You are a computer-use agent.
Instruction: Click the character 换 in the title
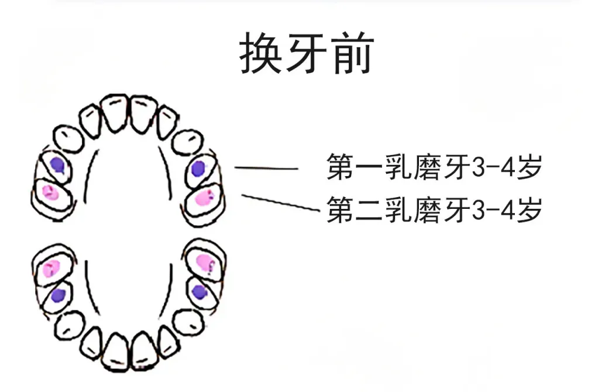tap(260, 53)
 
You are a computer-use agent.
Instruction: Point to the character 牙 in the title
tap(307, 53)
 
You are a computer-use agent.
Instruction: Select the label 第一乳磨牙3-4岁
tap(435, 167)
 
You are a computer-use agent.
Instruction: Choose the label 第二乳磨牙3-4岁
tap(435, 209)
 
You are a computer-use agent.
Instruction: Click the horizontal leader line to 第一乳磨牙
tap(266, 168)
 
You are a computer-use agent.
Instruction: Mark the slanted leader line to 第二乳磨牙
tap(280, 203)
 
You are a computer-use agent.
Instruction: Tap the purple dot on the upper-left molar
tap(57, 164)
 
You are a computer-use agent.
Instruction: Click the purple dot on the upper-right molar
tap(198, 169)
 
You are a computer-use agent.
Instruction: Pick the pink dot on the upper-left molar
tap(50, 192)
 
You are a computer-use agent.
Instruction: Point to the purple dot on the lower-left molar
tap(58, 295)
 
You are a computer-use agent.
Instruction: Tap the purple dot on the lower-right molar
tap(200, 292)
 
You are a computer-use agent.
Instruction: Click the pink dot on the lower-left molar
tap(51, 269)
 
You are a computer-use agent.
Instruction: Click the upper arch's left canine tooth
tap(68, 139)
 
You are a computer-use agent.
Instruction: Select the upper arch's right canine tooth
tap(188, 142)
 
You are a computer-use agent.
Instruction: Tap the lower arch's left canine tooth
tap(70, 326)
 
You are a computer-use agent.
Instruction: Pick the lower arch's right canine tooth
tap(188, 322)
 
